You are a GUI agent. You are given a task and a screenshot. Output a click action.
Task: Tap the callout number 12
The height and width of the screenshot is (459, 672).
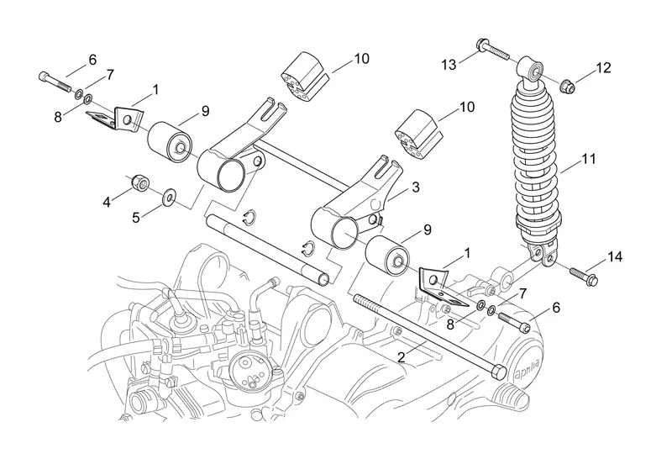[x=604, y=67]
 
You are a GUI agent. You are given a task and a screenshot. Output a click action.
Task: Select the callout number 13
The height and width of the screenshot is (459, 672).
[x=449, y=64]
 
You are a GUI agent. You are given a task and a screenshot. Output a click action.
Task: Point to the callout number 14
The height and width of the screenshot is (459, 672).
[x=616, y=257]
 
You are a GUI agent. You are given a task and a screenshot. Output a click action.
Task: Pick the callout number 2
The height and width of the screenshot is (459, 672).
[x=402, y=357]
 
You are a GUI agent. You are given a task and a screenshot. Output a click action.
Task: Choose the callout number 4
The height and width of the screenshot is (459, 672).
[x=107, y=201]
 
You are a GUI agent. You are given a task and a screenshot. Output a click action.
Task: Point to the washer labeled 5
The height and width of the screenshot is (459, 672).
[x=171, y=198]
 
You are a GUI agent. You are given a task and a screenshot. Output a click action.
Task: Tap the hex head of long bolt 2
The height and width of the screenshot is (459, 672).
[x=498, y=371]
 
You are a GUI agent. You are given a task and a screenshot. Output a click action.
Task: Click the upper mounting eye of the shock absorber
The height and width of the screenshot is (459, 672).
[x=529, y=67]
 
